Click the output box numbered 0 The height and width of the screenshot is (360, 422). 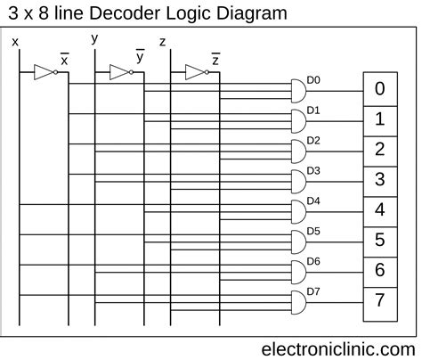pos(379,88)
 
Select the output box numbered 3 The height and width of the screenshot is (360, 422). pos(379,179)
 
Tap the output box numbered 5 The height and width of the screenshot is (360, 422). pos(379,239)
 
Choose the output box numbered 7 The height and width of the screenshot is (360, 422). pos(379,299)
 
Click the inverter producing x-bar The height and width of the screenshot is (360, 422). pos(43,73)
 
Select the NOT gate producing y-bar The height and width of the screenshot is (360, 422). pos(120,73)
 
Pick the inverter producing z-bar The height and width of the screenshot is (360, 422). pos(195,73)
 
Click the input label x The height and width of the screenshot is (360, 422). pos(14,41)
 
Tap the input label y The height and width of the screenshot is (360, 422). pos(95,37)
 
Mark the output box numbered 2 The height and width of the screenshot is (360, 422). pos(379,149)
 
